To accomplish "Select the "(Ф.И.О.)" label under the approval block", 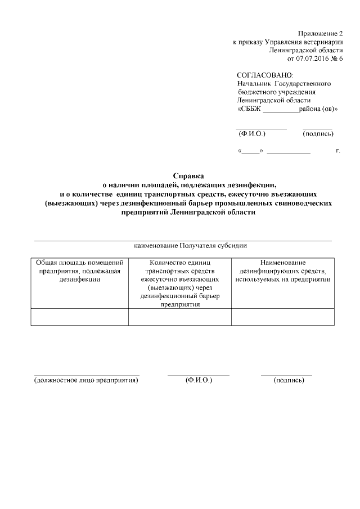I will [x=252, y=134].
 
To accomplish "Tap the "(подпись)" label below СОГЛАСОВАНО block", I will [x=318, y=134].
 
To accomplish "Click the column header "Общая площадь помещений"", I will [x=79, y=263].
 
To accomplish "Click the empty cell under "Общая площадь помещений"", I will [x=79, y=317].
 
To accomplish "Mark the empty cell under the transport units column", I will [x=180, y=317].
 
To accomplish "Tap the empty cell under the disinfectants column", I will [x=283, y=317].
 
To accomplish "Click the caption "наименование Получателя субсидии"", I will [x=190, y=246].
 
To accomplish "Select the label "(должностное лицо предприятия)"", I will [x=86, y=381].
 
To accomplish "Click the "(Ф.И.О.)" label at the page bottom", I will [x=199, y=381].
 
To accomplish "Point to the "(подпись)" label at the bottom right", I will [x=289, y=381].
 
